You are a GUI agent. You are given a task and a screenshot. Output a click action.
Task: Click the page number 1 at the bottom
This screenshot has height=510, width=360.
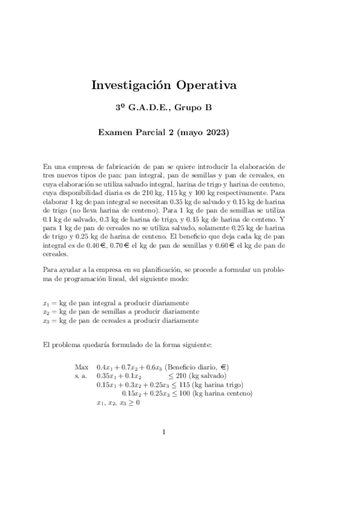[163, 431]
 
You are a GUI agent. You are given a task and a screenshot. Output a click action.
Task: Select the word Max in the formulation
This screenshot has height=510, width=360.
[82, 367]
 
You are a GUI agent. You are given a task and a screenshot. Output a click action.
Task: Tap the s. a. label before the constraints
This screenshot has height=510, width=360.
[81, 376]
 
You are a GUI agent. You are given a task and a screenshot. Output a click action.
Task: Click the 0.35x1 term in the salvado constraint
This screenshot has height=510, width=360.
[106, 376]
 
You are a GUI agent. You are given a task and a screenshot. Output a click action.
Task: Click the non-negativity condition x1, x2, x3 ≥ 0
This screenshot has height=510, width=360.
[118, 403]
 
